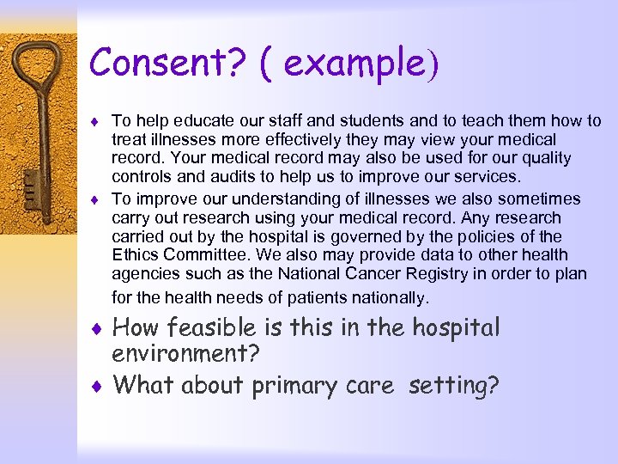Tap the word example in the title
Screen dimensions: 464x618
tap(354, 63)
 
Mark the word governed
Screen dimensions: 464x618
tap(348, 236)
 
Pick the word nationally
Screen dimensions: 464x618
tap(386, 298)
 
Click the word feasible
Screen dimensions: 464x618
tap(207, 328)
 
